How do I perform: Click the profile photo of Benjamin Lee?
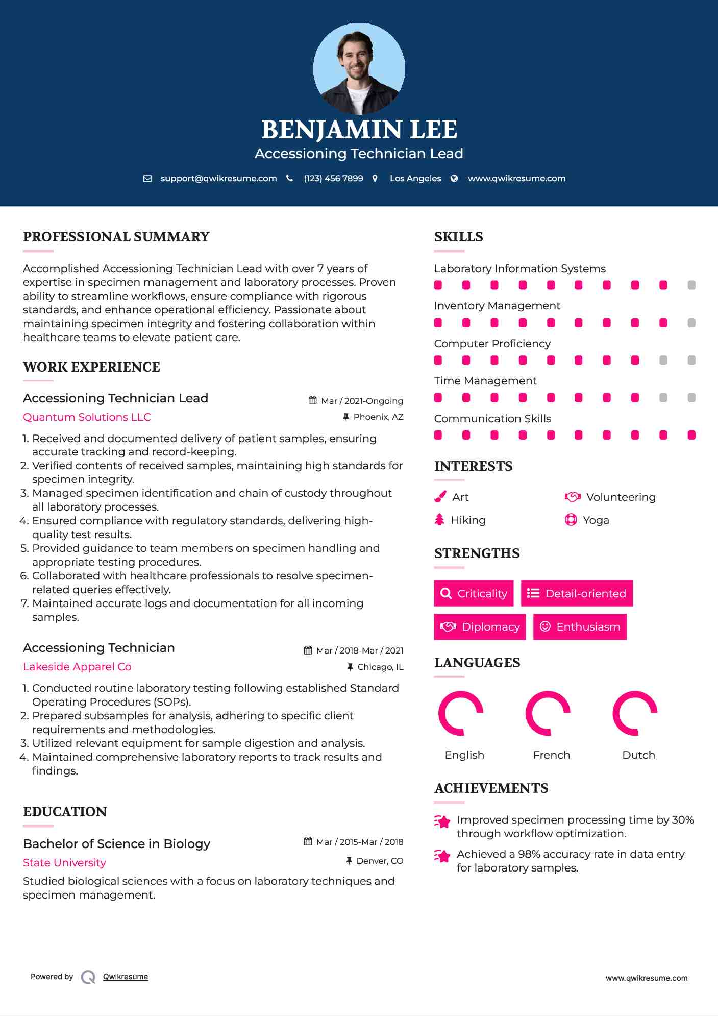point(359,68)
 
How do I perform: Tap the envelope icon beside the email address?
point(147,179)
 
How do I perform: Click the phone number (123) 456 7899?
point(333,179)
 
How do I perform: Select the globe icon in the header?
point(454,179)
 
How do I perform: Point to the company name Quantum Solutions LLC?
point(87,417)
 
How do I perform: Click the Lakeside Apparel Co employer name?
point(77,667)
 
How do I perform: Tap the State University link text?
point(64,863)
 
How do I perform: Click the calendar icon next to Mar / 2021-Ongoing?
point(313,401)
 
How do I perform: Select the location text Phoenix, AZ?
point(378,417)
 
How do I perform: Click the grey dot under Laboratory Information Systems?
point(691,285)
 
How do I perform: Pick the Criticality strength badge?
point(474,593)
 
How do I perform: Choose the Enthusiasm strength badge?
point(580,627)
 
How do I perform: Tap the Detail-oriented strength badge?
point(577,593)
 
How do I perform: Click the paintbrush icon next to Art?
point(440,497)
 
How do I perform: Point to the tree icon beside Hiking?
point(439,520)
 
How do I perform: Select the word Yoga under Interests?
point(596,520)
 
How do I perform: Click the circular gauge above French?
point(548,713)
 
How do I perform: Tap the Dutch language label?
point(638,755)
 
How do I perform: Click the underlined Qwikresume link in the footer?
point(126,977)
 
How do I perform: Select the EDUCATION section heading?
point(65,812)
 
